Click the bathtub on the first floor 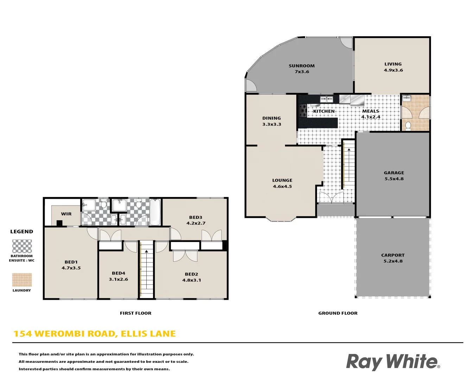155,212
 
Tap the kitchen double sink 327,100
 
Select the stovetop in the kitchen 303,110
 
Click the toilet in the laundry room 408,125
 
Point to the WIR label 66,214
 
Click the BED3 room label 196,217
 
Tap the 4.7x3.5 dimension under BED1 71,268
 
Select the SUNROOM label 302,66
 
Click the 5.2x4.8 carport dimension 393,261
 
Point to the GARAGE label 394,173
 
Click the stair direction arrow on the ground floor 349,150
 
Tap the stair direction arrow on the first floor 146,251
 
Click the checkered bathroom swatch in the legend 22,246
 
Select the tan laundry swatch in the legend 22,280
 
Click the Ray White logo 393,361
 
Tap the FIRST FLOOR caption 135,313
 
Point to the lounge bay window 280,219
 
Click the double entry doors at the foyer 331,198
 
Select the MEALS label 370,111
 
